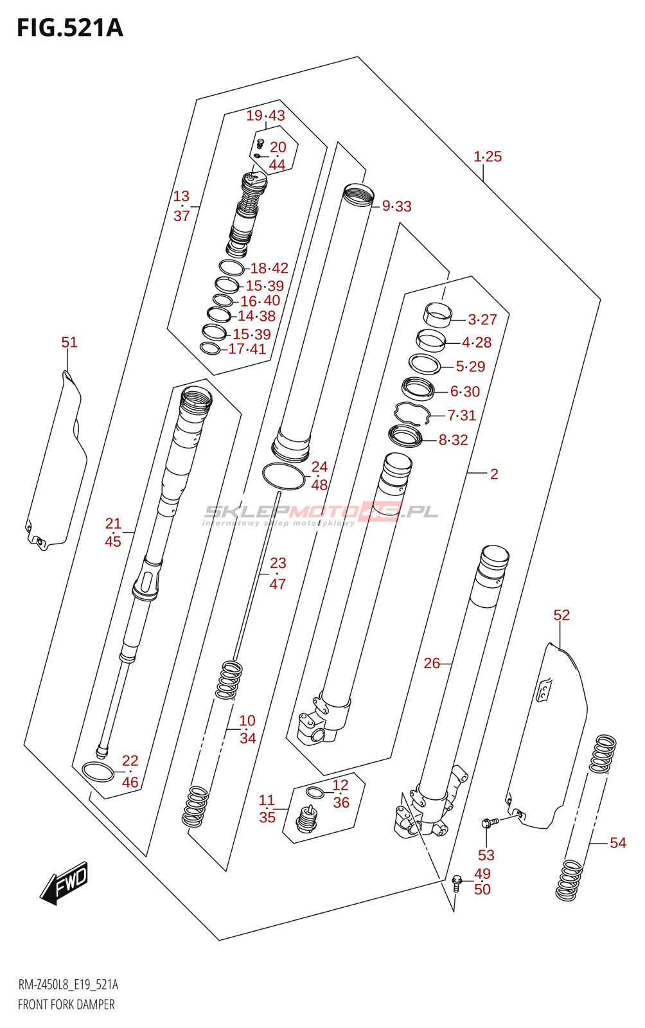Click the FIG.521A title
click(69, 28)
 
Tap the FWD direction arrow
click(64, 883)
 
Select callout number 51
click(69, 342)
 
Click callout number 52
click(561, 615)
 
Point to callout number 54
click(617, 842)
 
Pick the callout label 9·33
click(396, 206)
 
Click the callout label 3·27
click(482, 319)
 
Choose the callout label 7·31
click(461, 415)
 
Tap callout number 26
click(432, 663)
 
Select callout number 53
click(486, 855)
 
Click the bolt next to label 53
click(489, 822)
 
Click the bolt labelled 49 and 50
click(457, 882)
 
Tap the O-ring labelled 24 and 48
click(283, 475)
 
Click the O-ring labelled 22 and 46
click(98, 772)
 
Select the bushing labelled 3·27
click(436, 315)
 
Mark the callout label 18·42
click(269, 268)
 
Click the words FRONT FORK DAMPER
click(66, 1004)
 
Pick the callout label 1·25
click(488, 156)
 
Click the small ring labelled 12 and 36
click(315, 792)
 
